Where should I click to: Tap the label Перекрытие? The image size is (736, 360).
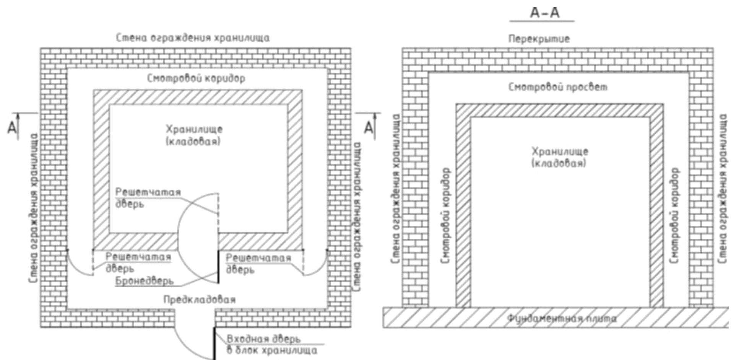pyautogui.click(x=539, y=39)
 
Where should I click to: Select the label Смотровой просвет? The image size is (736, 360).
pyautogui.click(x=557, y=87)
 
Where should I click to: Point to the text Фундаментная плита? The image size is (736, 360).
pyautogui.click(x=562, y=318)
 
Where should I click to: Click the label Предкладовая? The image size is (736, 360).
pyautogui.click(x=200, y=300)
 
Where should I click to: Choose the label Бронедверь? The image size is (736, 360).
pyautogui.click(x=145, y=281)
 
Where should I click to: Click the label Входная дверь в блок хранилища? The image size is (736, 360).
pyautogui.click(x=272, y=345)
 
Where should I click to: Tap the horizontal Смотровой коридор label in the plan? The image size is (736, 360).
pyautogui.click(x=196, y=78)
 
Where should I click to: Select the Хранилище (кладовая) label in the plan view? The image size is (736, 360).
pyautogui.click(x=194, y=135)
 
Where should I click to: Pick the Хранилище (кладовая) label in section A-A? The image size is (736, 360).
pyautogui.click(x=559, y=157)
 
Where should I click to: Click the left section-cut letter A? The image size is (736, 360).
pyautogui.click(x=13, y=127)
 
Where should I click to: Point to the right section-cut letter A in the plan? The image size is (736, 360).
pyautogui.click(x=368, y=127)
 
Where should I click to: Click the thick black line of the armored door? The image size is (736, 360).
pyautogui.click(x=218, y=267)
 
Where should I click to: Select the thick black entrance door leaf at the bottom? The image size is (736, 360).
pyautogui.click(x=214, y=343)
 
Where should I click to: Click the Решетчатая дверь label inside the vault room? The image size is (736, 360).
pyautogui.click(x=148, y=198)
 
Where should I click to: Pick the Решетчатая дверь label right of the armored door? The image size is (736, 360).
pyautogui.click(x=258, y=264)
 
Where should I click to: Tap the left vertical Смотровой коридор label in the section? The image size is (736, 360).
pyautogui.click(x=445, y=215)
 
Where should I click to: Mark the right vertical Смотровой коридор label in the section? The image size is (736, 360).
pyautogui.click(x=675, y=215)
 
